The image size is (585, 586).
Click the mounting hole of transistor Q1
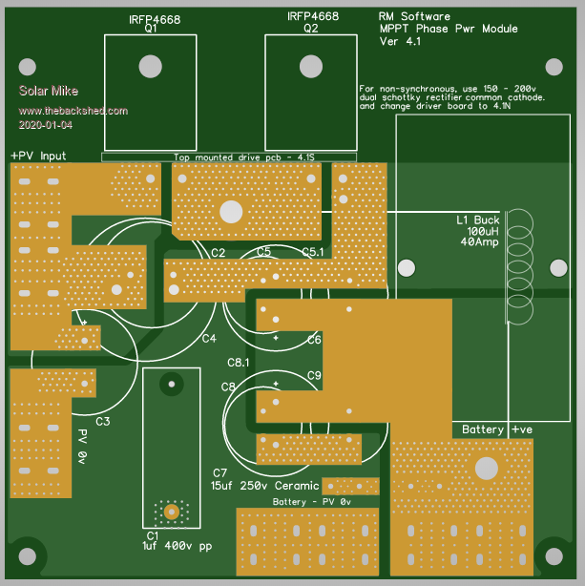(x=150, y=66)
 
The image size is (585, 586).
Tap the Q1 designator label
(x=150, y=29)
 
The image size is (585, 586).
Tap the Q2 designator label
(x=310, y=29)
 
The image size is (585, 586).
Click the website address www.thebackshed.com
(x=73, y=111)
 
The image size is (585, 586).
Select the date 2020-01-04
(x=45, y=125)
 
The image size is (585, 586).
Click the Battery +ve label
(x=496, y=429)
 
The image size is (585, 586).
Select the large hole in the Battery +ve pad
(x=487, y=469)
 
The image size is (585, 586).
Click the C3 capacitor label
(x=103, y=421)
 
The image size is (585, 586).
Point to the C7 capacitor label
(x=219, y=473)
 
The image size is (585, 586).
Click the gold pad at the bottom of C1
(x=172, y=512)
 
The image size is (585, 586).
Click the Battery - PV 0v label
(x=311, y=501)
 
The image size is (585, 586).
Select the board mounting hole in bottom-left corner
(x=29, y=555)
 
